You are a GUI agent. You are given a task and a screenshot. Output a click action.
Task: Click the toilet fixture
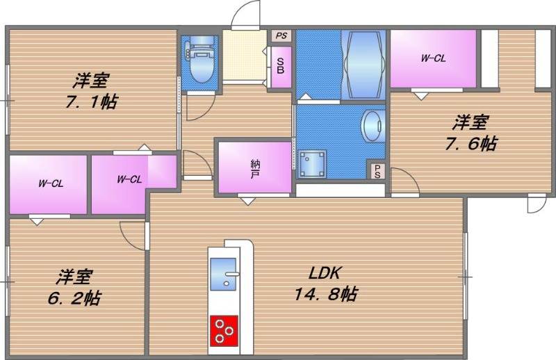pyautogui.click(x=201, y=59)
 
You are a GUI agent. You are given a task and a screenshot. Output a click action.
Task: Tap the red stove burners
pyautogui.click(x=224, y=331)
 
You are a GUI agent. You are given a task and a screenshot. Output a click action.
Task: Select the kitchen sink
pyautogui.click(x=223, y=274)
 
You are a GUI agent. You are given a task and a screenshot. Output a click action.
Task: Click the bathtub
pyautogui.click(x=363, y=65)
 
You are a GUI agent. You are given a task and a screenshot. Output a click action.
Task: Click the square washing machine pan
pyautogui.click(x=312, y=163)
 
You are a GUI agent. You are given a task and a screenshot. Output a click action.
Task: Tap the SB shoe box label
pyautogui.click(x=281, y=65)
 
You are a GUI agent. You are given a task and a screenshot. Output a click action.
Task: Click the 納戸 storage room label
pyautogui.click(x=254, y=169)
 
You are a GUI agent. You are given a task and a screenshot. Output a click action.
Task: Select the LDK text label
pyautogui.click(x=325, y=273)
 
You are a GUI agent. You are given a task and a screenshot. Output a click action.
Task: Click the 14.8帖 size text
pyautogui.click(x=326, y=294)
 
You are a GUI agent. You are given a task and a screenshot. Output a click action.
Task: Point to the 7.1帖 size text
pyautogui.click(x=91, y=101)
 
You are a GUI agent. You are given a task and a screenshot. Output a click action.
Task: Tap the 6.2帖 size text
pyautogui.click(x=74, y=298)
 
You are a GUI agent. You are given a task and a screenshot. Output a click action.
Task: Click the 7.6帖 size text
pyautogui.click(x=471, y=143)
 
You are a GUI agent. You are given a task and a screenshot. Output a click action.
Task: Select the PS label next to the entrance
pyautogui.click(x=281, y=36)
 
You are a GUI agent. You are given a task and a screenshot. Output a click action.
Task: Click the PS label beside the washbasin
pyautogui.click(x=377, y=171)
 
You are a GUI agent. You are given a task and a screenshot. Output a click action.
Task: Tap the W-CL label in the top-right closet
pyautogui.click(x=433, y=58)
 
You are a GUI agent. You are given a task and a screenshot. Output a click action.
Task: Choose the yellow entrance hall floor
pyautogui.click(x=245, y=55)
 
